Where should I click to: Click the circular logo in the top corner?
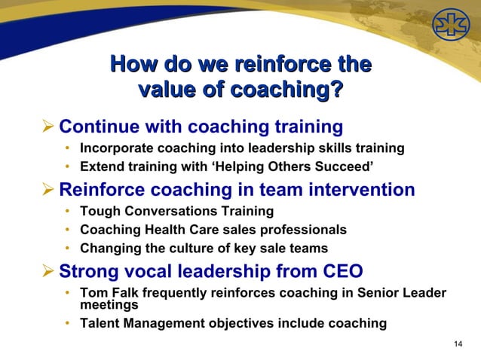450,27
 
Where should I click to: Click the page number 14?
458,344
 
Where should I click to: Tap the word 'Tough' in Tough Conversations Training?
98,212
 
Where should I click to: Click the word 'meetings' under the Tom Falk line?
109,306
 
